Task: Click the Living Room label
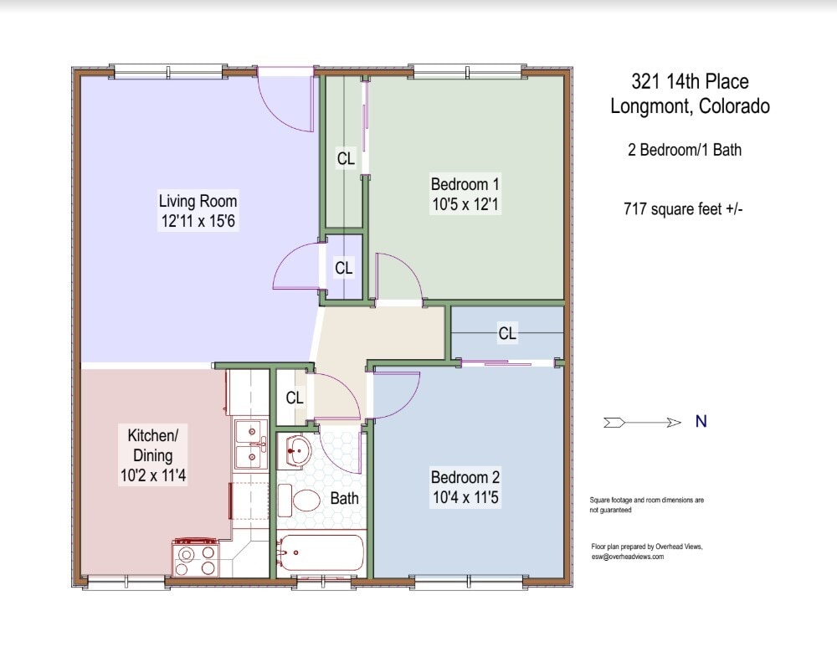tap(198, 201)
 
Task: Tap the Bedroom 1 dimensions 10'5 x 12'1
tap(465, 204)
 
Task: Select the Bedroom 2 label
tap(465, 477)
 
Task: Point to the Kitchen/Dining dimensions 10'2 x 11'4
tap(153, 475)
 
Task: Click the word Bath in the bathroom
tap(344, 498)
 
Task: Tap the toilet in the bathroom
tap(299, 501)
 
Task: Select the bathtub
tap(321, 552)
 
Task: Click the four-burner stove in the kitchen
tap(195, 557)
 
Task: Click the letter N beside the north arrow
tap(701, 422)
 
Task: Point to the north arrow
tap(642, 423)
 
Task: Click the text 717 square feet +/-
tap(683, 208)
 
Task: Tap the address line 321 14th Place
tap(690, 81)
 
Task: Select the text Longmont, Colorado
tap(691, 105)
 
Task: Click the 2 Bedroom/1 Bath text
tap(685, 150)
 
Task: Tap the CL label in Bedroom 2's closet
tap(507, 333)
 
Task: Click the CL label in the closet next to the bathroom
tap(295, 398)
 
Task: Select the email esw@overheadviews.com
tap(628, 557)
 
